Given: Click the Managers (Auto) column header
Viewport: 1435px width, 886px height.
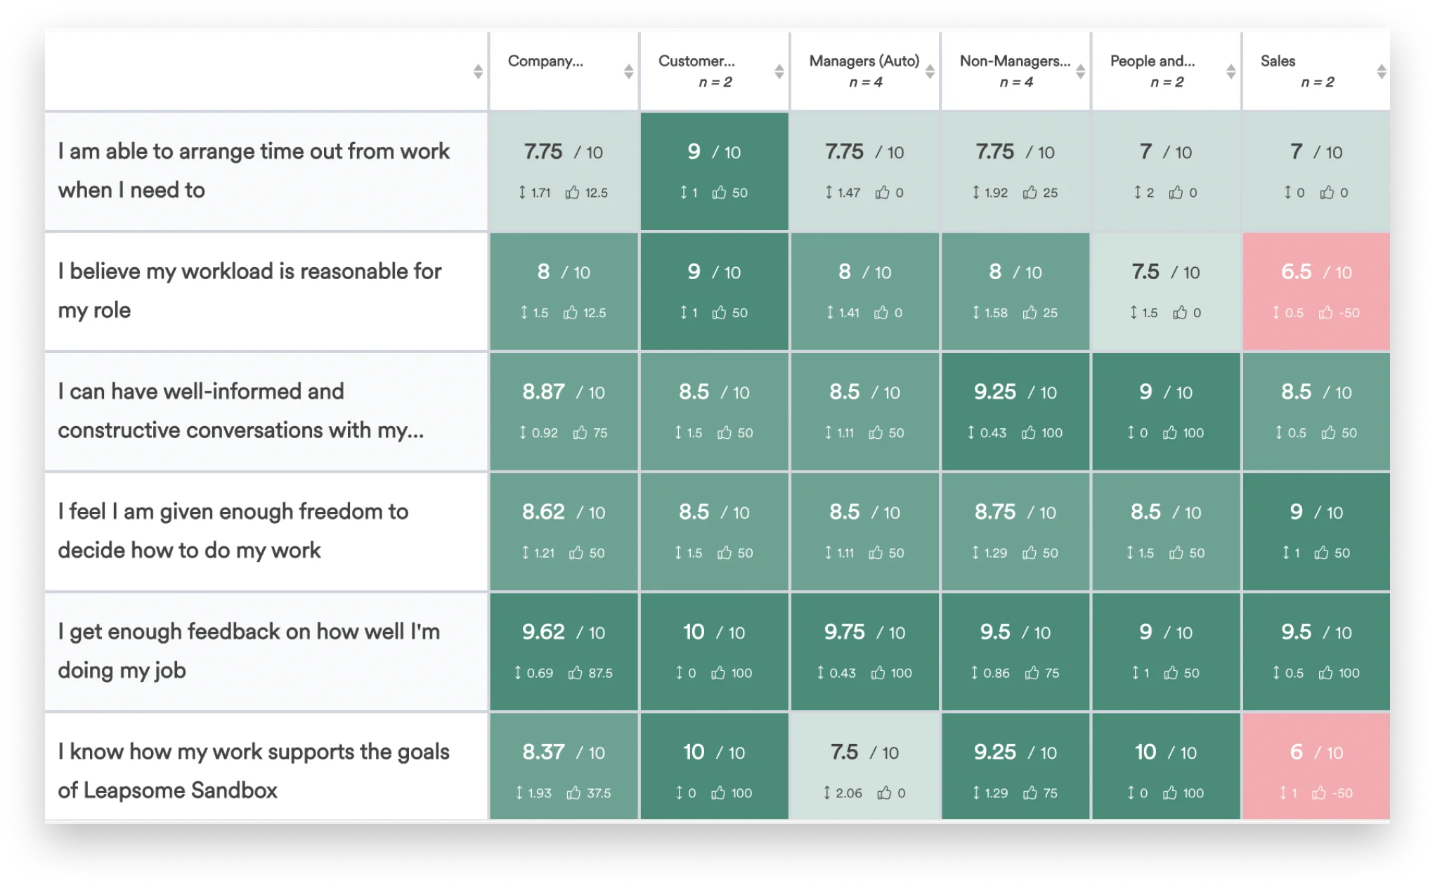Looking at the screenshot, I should tap(864, 61).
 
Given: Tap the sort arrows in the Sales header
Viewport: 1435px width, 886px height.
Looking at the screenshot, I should tap(1381, 71).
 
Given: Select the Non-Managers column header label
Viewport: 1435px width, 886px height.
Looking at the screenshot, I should tap(1014, 61).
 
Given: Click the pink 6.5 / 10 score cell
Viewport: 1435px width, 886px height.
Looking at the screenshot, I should tap(1316, 291).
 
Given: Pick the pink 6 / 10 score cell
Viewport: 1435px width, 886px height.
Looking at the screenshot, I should tap(1316, 766).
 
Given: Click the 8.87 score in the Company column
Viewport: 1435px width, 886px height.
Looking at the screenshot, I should tap(543, 392).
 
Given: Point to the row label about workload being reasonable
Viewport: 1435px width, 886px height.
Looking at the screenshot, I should tap(249, 290).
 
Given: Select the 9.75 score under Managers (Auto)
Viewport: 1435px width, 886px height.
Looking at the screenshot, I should tap(844, 632).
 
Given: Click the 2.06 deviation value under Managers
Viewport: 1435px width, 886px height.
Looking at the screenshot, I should tap(848, 793).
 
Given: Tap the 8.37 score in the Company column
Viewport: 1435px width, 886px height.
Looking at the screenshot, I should tap(543, 752).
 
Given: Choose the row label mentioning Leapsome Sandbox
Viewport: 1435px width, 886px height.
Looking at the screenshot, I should tap(253, 771).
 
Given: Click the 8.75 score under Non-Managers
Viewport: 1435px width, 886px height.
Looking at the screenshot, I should tap(994, 512).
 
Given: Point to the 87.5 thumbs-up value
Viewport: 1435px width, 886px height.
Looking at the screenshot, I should tap(599, 673).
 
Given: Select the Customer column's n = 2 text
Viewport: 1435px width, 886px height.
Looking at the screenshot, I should tap(715, 82).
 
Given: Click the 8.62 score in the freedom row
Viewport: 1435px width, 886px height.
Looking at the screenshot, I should tap(543, 512).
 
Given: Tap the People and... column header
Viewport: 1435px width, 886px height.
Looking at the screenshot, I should tap(1152, 61).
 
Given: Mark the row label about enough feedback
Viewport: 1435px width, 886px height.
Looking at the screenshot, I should tap(249, 650).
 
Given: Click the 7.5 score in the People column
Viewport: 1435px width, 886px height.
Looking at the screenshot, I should tap(1145, 272).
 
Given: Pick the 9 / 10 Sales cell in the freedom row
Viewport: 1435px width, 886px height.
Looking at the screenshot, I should tap(1316, 531).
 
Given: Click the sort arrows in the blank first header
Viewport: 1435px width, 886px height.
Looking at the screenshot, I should tap(477, 71).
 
